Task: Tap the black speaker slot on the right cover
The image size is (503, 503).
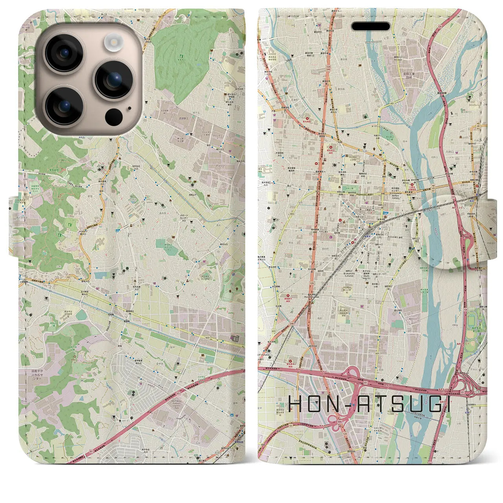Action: pyautogui.click(x=370, y=26)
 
